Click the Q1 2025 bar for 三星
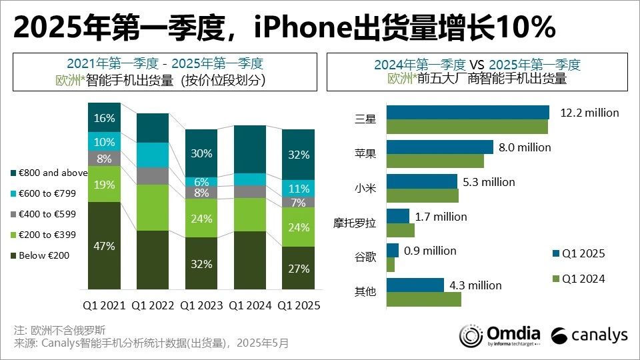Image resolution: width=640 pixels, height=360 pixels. (x=467, y=112)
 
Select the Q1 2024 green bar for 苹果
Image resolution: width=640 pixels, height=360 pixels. (x=435, y=161)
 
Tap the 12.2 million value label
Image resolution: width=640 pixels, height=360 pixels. (x=589, y=113)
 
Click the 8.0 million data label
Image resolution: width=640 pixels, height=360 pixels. (x=525, y=147)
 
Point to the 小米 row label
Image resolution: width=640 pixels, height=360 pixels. (x=366, y=188)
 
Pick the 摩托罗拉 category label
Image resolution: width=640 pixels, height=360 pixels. (x=354, y=223)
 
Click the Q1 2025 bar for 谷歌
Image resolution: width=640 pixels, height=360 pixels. (x=392, y=251)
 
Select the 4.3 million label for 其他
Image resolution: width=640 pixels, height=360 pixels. (x=475, y=285)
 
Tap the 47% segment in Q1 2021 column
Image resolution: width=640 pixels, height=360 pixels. (x=104, y=246)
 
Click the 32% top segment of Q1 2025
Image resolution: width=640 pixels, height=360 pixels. (x=298, y=155)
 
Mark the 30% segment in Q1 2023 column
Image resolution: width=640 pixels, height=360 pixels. (x=201, y=153)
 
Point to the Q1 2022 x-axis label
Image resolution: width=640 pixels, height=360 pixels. (x=153, y=305)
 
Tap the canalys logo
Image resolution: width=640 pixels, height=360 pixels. (x=589, y=335)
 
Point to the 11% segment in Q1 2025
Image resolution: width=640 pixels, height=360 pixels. (x=298, y=188)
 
